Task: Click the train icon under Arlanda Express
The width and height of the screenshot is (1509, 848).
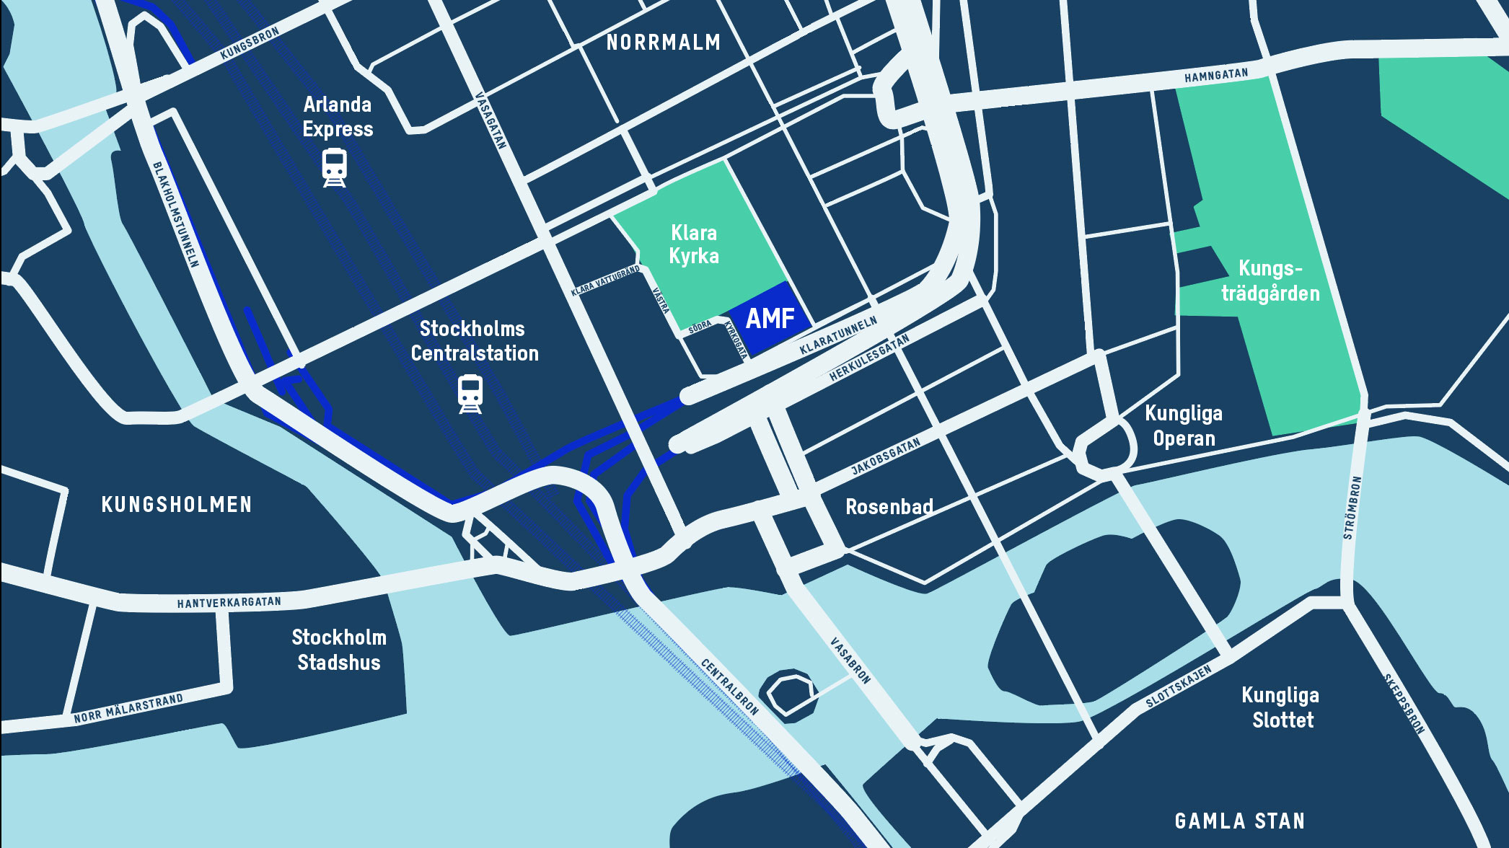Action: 334,167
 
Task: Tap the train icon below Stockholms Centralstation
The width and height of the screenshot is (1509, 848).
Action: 470,394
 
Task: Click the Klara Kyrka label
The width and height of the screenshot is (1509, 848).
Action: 694,244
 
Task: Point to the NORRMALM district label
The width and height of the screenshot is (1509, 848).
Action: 663,43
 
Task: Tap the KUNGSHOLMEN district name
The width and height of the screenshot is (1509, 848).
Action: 177,504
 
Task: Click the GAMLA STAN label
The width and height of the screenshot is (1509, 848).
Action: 1239,821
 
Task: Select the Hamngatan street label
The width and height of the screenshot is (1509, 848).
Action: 1215,75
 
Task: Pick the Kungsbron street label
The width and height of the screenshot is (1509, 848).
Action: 250,43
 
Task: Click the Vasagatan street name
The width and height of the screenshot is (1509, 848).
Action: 491,120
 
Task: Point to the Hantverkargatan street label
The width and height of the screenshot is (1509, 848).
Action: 229,602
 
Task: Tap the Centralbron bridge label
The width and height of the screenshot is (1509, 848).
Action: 730,686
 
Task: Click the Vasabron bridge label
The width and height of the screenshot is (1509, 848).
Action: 850,660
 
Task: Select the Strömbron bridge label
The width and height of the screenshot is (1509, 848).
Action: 1352,508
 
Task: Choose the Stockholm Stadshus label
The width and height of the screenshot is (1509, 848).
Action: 339,650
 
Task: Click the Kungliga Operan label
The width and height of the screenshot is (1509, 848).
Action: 1184,425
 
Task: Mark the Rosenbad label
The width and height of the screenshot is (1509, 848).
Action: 889,507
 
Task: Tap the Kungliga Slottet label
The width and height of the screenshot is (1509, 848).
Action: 1281,707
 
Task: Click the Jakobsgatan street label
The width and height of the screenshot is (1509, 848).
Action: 886,456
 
